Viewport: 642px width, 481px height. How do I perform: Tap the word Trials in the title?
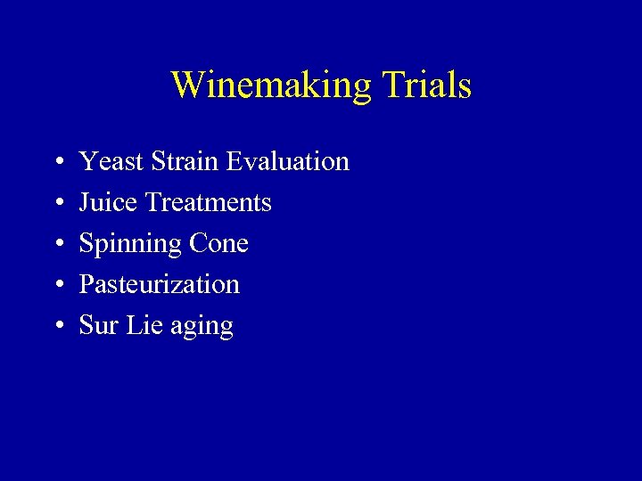pyautogui.click(x=425, y=86)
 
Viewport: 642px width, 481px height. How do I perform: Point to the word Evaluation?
pyautogui.click(x=287, y=161)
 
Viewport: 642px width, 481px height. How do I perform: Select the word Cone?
pyautogui.click(x=219, y=243)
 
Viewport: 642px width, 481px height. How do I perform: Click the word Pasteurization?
pyautogui.click(x=159, y=284)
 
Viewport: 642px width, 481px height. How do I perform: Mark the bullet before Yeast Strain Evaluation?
pyautogui.click(x=56, y=162)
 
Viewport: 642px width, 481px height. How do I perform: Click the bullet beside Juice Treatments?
pyautogui.click(x=56, y=203)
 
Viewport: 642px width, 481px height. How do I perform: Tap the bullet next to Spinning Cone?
pyautogui.click(x=56, y=244)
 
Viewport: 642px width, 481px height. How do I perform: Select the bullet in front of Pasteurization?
pyautogui.click(x=56, y=285)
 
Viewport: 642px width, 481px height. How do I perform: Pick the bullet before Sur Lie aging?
pyautogui.click(x=56, y=326)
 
